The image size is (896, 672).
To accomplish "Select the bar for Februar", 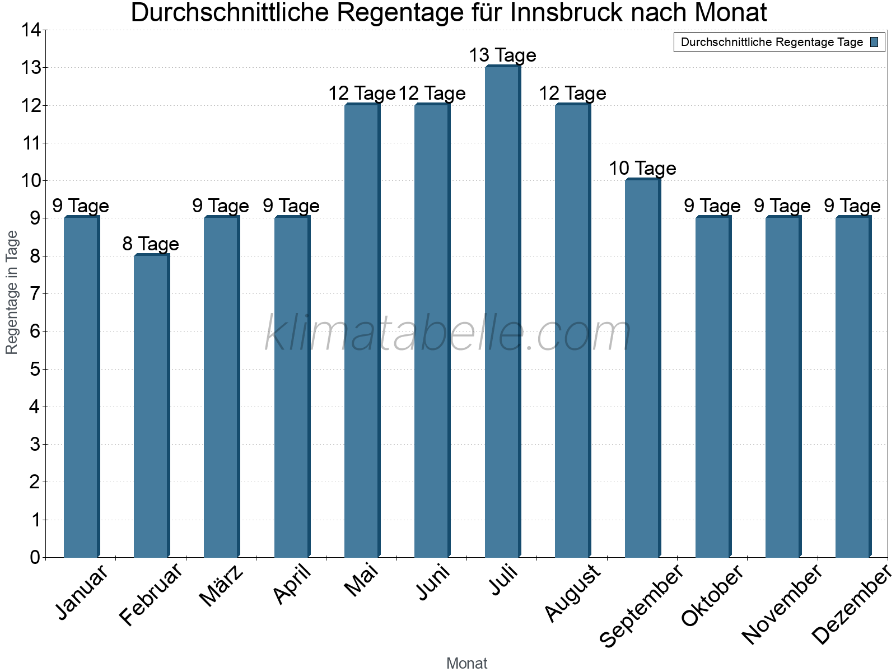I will pyautogui.click(x=151, y=406).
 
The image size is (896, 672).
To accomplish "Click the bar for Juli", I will pyautogui.click(x=502, y=312).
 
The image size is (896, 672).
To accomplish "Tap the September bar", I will pyautogui.click(x=642, y=368).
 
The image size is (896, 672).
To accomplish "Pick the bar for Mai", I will pyautogui.click(x=362, y=330).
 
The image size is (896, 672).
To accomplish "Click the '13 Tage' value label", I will pyautogui.click(x=502, y=55).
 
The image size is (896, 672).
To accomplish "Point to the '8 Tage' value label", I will pyautogui.click(x=151, y=244).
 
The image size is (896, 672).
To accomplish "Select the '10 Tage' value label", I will pyautogui.click(x=642, y=169).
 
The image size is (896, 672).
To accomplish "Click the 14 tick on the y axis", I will pyautogui.click(x=30, y=30).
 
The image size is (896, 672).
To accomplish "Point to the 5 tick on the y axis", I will pyautogui.click(x=35, y=369).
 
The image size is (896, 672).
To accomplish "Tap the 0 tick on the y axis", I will pyautogui.click(x=35, y=557).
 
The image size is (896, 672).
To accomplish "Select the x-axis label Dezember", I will pyautogui.click(x=851, y=605).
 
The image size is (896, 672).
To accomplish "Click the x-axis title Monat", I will pyautogui.click(x=466, y=663).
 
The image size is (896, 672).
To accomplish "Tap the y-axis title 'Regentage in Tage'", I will pyautogui.click(x=12, y=292).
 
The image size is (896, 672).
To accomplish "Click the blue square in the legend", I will pyautogui.click(x=874, y=42).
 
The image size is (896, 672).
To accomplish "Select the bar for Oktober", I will pyautogui.click(x=712, y=387).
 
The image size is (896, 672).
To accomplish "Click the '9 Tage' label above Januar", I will pyautogui.click(x=81, y=206).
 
